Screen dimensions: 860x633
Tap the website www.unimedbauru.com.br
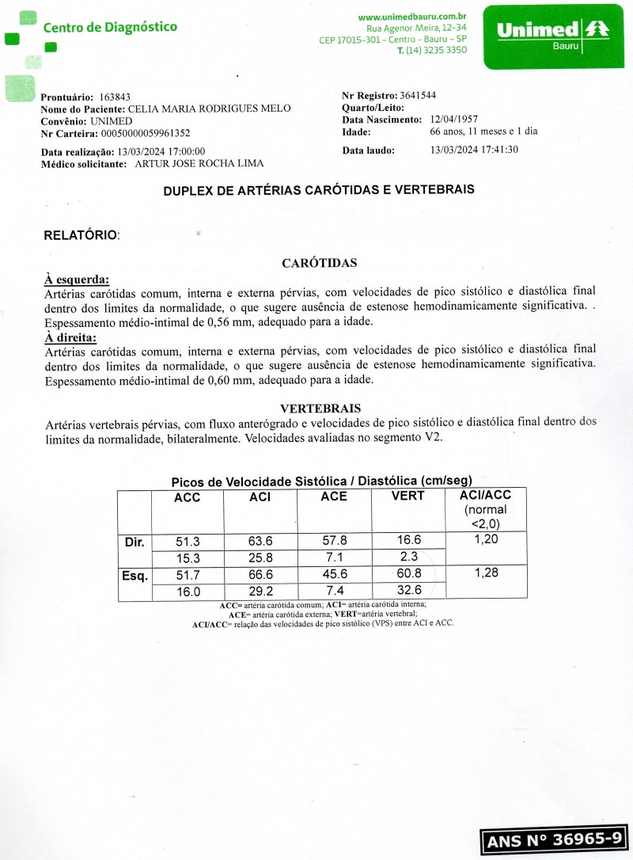click(411, 17)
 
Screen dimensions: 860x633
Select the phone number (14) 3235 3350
click(436, 50)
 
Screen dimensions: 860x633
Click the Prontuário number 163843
click(116, 97)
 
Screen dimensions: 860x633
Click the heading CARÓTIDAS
click(319, 263)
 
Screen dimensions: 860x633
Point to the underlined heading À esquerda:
click(77, 280)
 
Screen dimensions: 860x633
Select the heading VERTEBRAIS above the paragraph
click(320, 409)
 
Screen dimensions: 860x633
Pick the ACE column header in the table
click(333, 497)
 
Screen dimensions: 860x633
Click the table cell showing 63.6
click(260, 542)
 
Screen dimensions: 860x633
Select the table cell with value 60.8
click(408, 573)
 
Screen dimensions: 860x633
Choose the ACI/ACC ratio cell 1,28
click(486, 573)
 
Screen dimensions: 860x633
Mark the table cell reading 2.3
click(408, 556)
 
